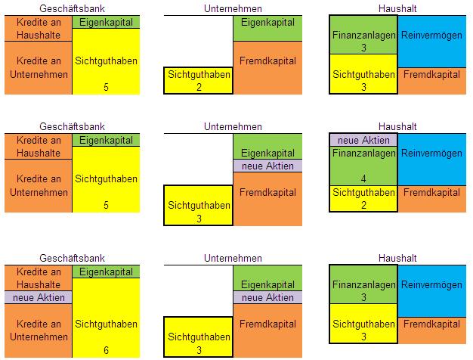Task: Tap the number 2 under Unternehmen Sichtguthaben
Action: pyautogui.click(x=198, y=86)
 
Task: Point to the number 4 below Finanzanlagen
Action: pyautogui.click(x=363, y=179)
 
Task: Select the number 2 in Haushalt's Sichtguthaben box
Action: pyautogui.click(x=363, y=204)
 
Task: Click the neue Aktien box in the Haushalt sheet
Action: pyautogui.click(x=363, y=141)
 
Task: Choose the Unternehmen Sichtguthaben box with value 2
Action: pyautogui.click(x=198, y=80)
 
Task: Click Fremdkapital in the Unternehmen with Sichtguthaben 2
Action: pyautogui.click(x=268, y=67)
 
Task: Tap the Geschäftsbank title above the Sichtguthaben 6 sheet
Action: pyautogui.click(x=72, y=257)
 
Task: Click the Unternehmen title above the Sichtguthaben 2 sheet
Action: pyautogui.click(x=233, y=8)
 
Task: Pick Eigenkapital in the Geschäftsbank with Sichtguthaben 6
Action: pyautogui.click(x=107, y=272)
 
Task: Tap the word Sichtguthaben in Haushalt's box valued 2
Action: pyautogui.click(x=363, y=193)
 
